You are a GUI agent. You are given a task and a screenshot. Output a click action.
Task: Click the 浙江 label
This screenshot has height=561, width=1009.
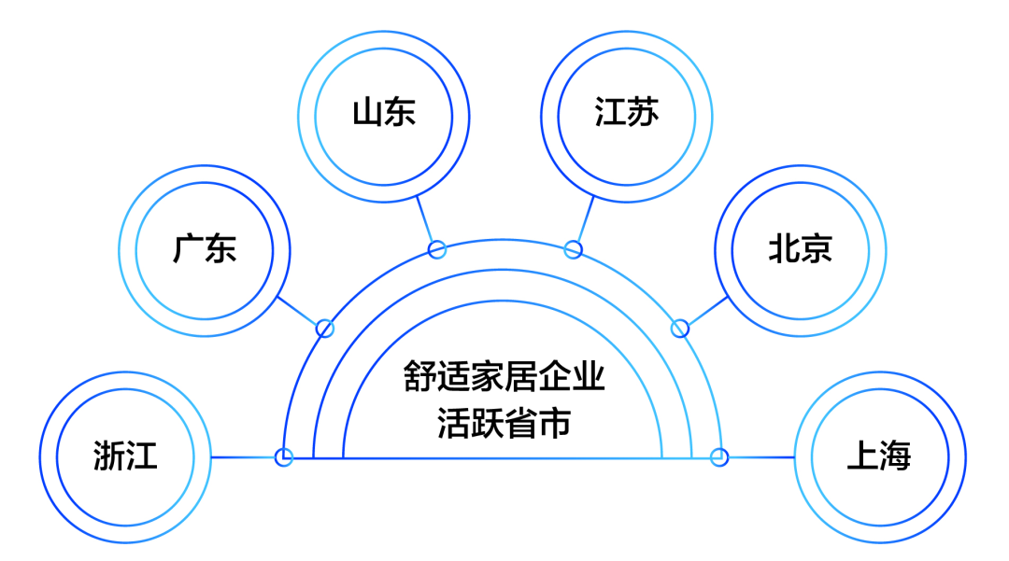tap(125, 457)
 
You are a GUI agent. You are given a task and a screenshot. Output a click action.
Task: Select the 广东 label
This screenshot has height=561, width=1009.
tap(205, 249)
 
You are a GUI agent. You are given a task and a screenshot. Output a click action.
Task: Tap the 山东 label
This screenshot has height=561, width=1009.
tap(384, 113)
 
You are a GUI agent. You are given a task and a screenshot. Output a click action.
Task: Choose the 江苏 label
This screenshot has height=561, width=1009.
tap(626, 113)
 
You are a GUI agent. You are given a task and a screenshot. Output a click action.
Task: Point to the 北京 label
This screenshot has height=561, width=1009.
tap(801, 249)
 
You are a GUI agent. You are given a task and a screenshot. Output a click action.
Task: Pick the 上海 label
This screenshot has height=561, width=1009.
tap(879, 457)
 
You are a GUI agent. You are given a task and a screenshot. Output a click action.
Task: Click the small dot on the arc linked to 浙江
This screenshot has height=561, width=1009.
tap(284, 457)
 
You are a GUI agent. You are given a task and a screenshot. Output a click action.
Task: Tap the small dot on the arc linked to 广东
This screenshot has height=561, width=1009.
tap(325, 329)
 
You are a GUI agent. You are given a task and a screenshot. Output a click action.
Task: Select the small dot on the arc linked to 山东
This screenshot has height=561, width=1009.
tap(436, 249)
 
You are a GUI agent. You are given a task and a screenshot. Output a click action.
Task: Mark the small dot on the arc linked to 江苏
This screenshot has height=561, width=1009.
tap(574, 249)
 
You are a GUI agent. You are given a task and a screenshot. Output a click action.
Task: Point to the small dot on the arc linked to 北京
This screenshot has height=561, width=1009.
tap(680, 329)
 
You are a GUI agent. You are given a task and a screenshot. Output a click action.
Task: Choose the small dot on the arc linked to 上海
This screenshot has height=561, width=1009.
tap(718, 457)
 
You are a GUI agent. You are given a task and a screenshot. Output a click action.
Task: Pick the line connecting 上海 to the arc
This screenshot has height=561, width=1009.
tap(759, 457)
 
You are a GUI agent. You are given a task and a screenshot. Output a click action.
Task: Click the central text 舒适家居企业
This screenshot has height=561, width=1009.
tap(504, 378)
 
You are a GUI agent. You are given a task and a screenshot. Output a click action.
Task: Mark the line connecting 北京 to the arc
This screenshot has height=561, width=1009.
tap(704, 313)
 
